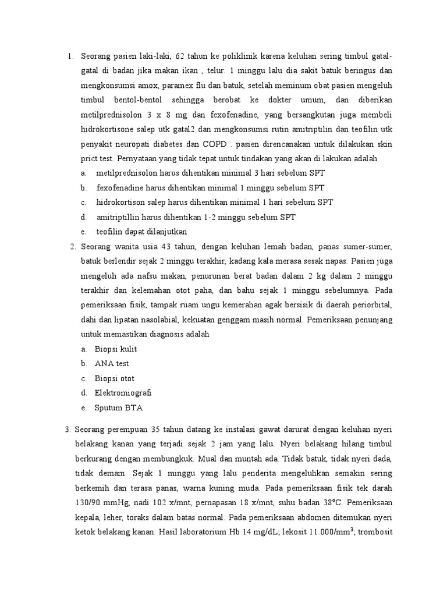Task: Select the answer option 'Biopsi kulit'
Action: pos(116,349)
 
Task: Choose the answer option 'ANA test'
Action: pos(112,363)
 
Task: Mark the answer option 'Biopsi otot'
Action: pos(115,378)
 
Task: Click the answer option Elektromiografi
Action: pos(123,393)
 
